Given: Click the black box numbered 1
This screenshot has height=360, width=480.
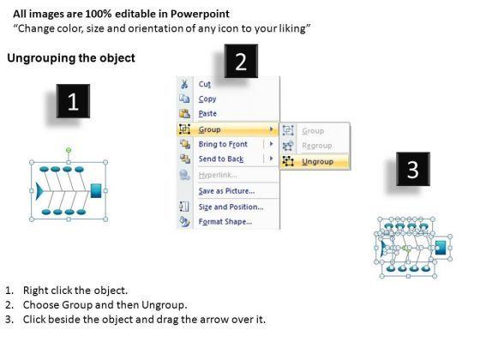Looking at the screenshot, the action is point(73,101).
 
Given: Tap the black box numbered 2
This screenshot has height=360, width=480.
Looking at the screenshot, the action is point(241,61).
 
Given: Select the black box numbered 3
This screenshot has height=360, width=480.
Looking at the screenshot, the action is point(413,169).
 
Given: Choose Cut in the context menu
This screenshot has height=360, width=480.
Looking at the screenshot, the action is point(205,84).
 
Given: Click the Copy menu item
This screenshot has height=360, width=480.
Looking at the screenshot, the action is point(207,99).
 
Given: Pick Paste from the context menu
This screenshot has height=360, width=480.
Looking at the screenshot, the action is point(207,113).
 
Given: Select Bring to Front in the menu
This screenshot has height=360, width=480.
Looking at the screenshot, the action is point(223,144).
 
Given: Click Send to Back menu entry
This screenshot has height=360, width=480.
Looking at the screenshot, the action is point(221,159).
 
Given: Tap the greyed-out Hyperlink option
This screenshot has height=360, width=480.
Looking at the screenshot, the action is point(218,175).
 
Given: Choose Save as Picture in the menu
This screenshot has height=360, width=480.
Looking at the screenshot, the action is point(226,191).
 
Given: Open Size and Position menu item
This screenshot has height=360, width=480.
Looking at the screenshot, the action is point(231,207).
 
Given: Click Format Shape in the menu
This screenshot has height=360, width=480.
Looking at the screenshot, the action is point(225,222).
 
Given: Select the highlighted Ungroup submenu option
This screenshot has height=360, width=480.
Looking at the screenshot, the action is point(317,161).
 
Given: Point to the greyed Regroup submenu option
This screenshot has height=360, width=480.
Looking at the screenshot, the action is point(317,146).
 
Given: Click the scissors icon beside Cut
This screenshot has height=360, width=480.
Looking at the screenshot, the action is point(184,84).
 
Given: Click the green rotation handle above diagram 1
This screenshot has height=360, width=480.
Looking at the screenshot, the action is point(69,150).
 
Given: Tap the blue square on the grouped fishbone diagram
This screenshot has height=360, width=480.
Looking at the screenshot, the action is point(96,190).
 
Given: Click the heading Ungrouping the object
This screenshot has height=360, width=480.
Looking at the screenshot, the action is point(71,58).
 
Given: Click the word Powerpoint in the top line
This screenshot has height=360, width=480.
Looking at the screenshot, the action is point(200,14).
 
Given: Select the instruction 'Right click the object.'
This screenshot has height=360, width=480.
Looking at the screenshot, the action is point(75,291).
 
